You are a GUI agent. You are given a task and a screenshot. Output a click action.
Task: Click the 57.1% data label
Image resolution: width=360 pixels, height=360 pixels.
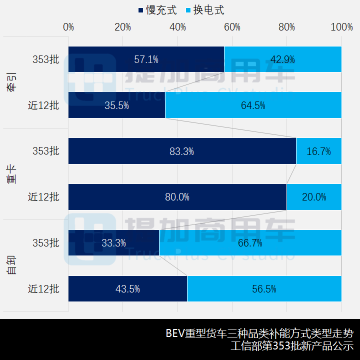[146, 59]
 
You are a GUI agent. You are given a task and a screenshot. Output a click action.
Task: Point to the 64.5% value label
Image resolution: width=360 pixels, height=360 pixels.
[253, 105]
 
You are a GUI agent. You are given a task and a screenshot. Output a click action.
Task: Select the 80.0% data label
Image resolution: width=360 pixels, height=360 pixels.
[177, 197]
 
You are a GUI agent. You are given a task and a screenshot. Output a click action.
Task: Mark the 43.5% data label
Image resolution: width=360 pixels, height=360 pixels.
[127, 289]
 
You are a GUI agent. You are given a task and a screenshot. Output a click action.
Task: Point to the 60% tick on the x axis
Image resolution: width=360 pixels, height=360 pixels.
[232, 27]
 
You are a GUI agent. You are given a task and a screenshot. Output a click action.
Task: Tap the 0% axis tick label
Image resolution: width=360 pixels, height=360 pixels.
[68, 27]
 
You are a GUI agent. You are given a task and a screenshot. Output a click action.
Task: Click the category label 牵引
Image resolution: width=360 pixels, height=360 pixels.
[11, 82]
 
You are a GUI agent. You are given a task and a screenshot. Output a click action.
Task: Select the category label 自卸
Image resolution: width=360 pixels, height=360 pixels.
[11, 265]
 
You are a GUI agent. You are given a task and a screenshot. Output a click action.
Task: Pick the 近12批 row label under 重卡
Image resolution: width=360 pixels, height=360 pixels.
[43, 197]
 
